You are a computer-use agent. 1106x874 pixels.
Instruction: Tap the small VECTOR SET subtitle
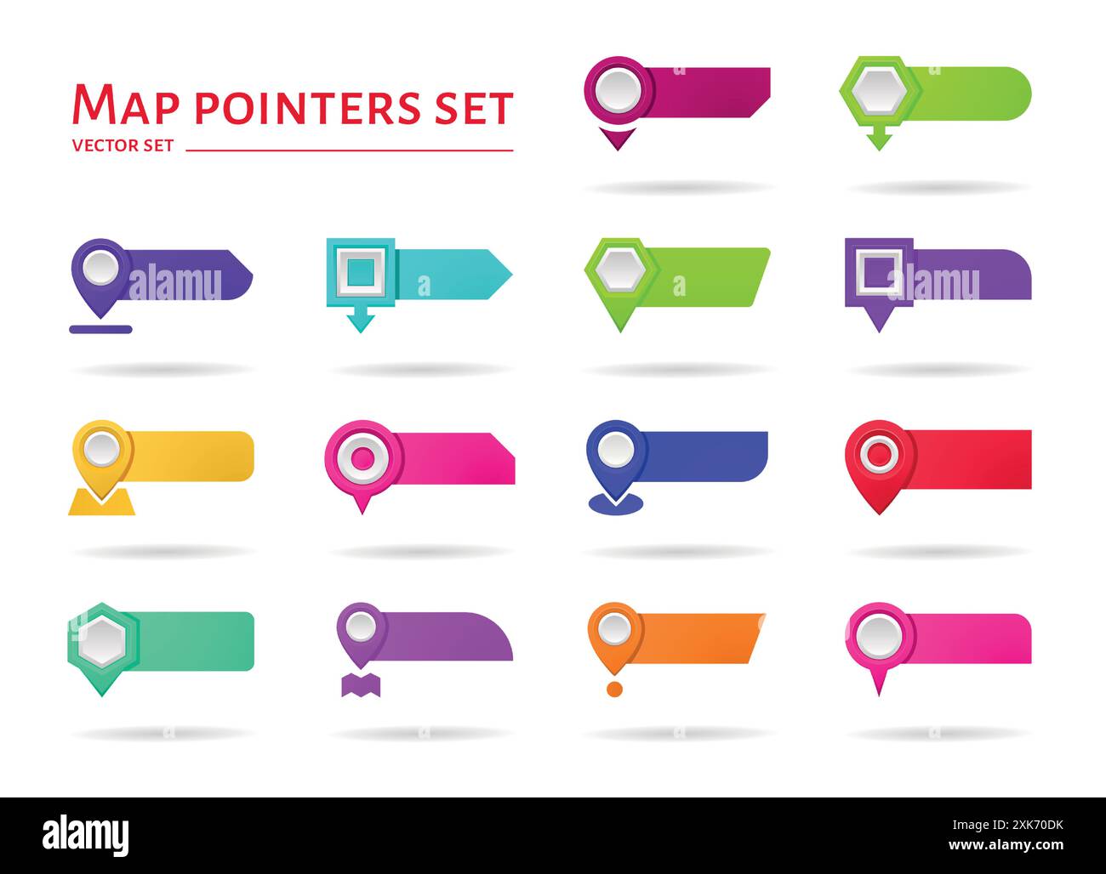(x=123, y=145)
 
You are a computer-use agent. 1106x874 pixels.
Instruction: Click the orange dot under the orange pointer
(x=614, y=689)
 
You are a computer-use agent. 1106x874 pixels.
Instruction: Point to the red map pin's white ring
(x=875, y=453)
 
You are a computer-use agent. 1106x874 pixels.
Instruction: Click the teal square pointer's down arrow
(x=361, y=321)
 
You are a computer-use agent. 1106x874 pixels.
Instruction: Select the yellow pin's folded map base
(x=101, y=503)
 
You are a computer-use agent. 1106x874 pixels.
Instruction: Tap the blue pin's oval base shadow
(x=616, y=506)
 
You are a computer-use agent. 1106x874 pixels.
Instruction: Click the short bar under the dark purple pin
(x=100, y=329)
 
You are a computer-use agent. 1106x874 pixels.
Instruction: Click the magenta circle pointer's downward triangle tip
(x=618, y=139)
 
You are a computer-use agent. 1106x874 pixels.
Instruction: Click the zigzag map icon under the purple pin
(x=360, y=685)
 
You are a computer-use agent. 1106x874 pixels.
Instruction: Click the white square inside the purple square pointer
(x=878, y=273)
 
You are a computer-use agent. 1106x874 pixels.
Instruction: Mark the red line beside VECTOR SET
(x=349, y=150)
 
